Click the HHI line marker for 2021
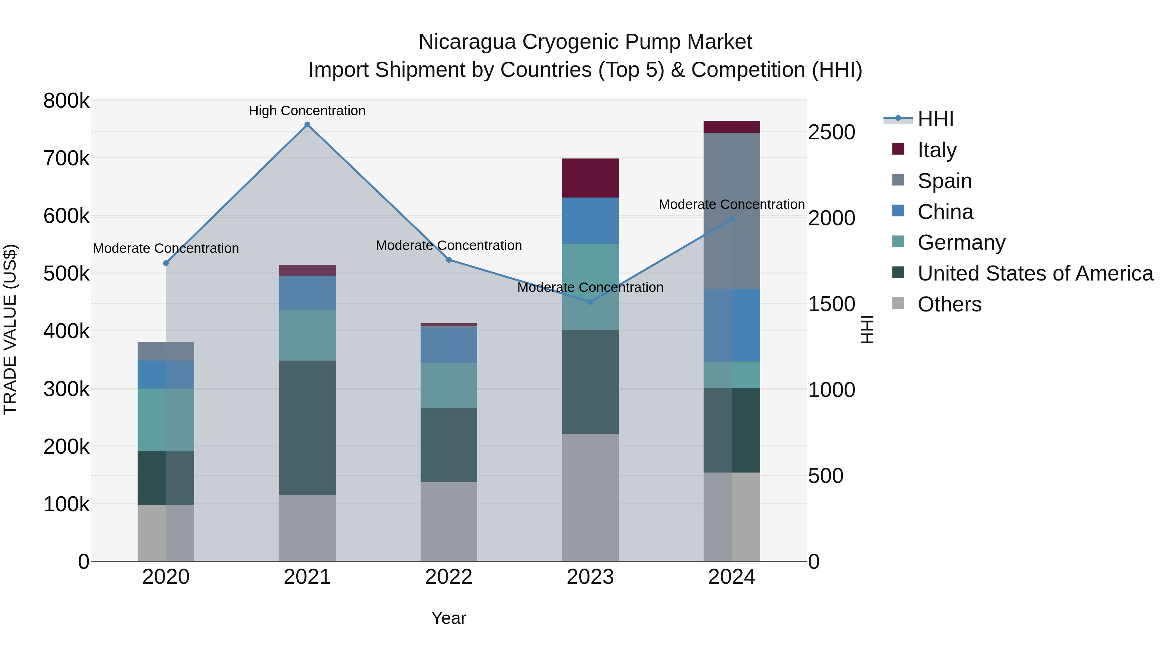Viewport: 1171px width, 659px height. point(307,125)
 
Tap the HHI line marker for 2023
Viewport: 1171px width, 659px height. point(590,302)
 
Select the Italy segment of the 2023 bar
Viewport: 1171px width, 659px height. point(590,178)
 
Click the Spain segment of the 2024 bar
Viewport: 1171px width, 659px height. point(732,211)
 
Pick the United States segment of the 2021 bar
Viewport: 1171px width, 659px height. point(307,428)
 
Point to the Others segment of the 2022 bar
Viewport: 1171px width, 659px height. point(449,521)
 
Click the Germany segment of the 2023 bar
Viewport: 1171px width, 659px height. point(590,286)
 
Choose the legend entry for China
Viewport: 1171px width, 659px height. point(945,212)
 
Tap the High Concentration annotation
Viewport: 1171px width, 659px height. point(307,111)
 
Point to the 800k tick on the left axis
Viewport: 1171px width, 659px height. point(66,101)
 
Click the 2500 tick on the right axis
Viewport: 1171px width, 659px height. point(831,132)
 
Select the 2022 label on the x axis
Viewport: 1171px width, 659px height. point(449,577)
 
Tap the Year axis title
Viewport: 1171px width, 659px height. point(449,618)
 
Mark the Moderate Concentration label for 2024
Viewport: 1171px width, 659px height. point(732,204)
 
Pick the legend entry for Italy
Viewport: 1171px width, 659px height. point(937,150)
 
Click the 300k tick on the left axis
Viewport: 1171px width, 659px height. point(66,389)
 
